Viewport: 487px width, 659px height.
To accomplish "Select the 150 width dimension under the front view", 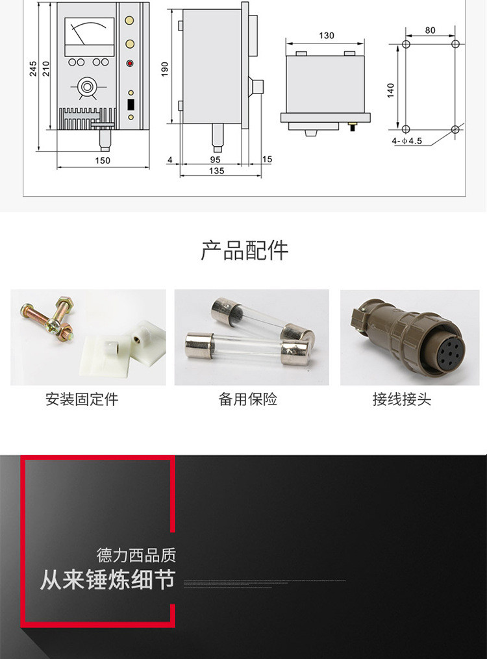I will (x=103, y=160).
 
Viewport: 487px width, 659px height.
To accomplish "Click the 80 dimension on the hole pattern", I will (x=430, y=31).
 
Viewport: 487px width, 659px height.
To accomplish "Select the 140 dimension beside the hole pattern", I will (x=390, y=90).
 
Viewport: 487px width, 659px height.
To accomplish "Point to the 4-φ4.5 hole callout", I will (x=407, y=140).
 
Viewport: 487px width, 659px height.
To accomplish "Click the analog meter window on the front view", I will (x=90, y=35).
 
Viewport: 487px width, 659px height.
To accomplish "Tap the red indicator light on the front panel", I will (x=131, y=64).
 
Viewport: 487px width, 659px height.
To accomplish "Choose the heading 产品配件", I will (x=244, y=250).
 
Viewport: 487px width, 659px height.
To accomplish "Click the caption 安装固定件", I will (x=82, y=399).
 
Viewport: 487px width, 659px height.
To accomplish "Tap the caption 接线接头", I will (x=401, y=399).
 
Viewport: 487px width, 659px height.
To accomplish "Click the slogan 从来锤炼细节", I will (x=107, y=579).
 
